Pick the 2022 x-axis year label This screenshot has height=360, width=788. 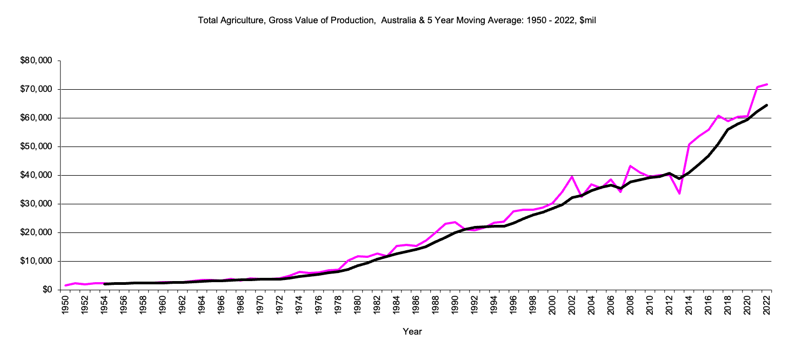[x=767, y=305]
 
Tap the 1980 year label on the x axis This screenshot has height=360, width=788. [x=358, y=305]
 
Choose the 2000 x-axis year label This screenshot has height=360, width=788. [x=552, y=305]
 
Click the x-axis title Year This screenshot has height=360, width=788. [x=412, y=331]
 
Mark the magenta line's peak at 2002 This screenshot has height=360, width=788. [x=572, y=176]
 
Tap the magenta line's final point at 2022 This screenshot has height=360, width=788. [x=767, y=84]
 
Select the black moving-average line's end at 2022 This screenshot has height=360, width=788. [x=767, y=105]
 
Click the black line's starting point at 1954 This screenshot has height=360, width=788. [x=105, y=284]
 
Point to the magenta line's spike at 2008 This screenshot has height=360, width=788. [x=630, y=166]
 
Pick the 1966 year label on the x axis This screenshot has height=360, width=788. [x=222, y=305]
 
